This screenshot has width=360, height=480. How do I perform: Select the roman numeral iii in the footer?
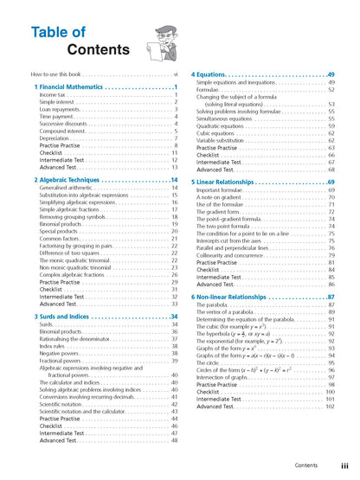click(x=344, y=465)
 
